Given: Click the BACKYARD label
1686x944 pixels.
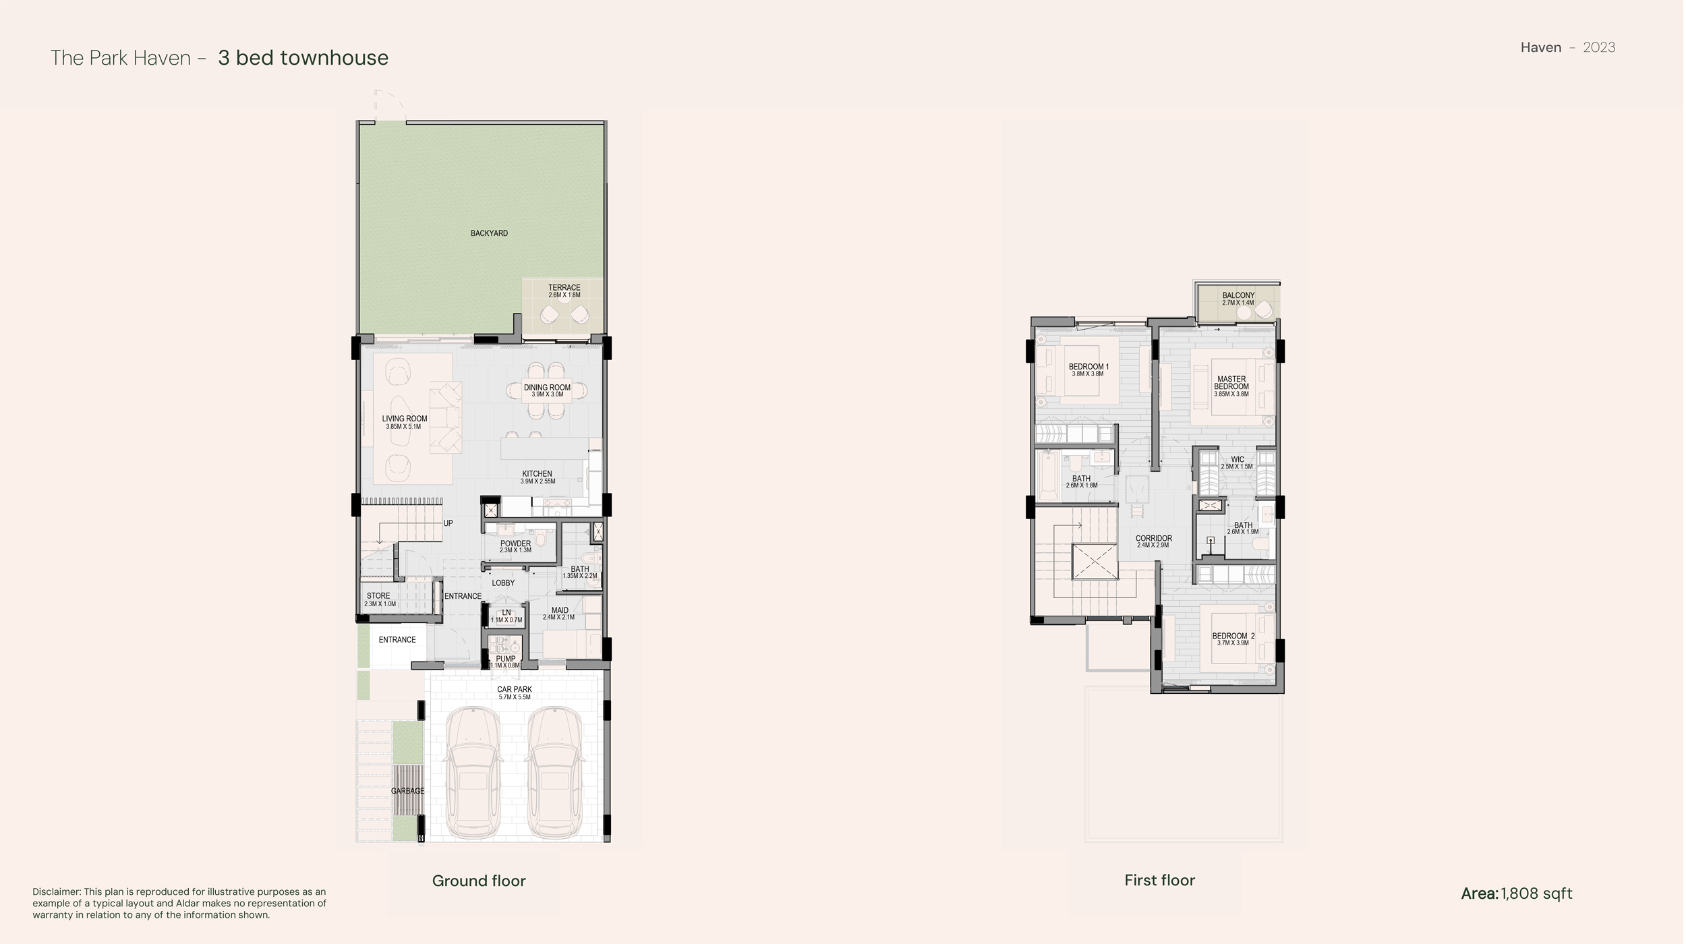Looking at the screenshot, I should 489,233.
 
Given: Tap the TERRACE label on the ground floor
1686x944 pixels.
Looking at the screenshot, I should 564,288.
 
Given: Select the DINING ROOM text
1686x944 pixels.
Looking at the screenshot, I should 547,388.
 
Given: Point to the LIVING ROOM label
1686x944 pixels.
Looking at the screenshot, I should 405,419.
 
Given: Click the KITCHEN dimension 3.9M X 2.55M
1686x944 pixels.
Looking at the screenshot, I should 537,481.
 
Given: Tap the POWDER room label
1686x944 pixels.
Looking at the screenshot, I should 515,543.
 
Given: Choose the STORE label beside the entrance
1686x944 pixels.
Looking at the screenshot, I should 378,596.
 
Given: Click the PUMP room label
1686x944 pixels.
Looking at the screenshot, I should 506,659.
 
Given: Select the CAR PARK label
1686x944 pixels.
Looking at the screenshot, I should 515,690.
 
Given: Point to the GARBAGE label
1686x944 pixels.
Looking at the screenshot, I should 408,791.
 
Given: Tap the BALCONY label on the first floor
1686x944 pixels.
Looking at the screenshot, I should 1238,295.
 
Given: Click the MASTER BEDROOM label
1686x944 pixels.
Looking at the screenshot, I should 1231,383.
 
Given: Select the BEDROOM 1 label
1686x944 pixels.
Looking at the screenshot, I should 1088,367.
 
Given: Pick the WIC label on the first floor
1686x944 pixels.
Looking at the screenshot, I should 1238,460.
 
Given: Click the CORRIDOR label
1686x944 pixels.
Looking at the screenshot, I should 1153,539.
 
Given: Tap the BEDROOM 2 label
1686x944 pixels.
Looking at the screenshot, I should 1233,636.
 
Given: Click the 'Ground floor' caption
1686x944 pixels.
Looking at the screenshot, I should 479,881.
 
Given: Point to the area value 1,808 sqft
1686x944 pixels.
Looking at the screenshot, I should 1536,893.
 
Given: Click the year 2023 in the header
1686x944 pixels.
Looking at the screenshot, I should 1599,47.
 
